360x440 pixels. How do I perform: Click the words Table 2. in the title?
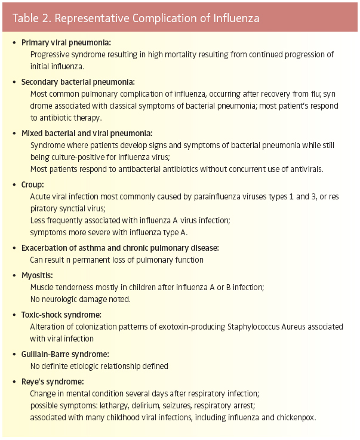(30, 18)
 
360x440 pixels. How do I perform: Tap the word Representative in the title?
(91, 18)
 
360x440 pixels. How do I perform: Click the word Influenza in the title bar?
(234, 18)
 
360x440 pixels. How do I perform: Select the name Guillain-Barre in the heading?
(48, 353)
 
